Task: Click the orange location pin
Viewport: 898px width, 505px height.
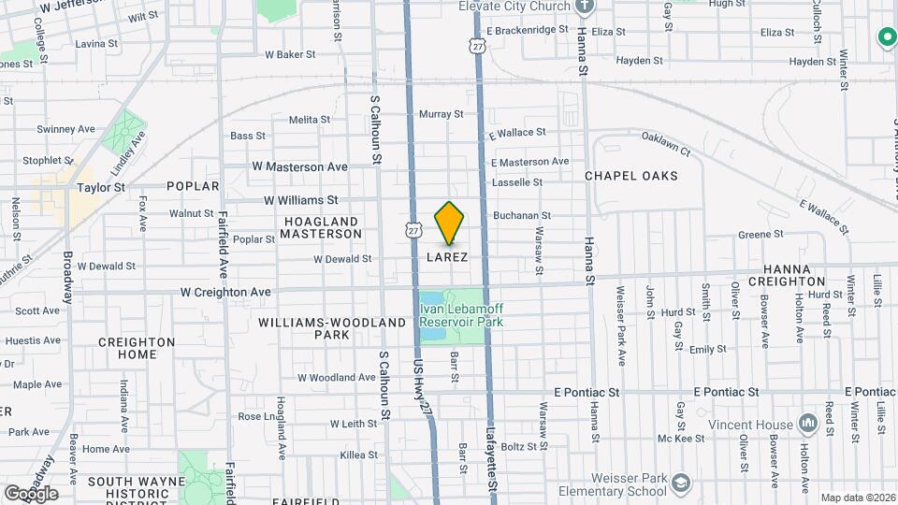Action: [450, 223]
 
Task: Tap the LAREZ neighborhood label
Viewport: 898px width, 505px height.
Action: [446, 256]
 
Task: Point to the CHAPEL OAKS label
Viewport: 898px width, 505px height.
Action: [630, 176]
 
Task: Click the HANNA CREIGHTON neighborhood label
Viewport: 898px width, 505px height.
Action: [786, 275]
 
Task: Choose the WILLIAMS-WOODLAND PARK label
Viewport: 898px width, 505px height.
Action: [332, 328]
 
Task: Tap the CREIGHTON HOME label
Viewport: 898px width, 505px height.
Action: [137, 349]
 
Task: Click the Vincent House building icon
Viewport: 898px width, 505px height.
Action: [807, 424]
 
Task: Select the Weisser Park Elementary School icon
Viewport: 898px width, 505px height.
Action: [681, 483]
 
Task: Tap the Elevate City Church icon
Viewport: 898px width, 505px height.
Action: [586, 7]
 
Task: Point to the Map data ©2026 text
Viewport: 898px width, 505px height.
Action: [857, 498]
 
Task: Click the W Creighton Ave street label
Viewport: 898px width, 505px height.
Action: [225, 293]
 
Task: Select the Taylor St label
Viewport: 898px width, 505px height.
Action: [101, 187]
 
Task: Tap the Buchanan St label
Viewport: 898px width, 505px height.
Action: [522, 215]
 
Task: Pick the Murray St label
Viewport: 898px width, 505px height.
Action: [441, 114]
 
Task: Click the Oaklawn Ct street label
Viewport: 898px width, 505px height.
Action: [665, 144]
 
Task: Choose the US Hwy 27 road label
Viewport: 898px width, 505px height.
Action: [423, 383]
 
